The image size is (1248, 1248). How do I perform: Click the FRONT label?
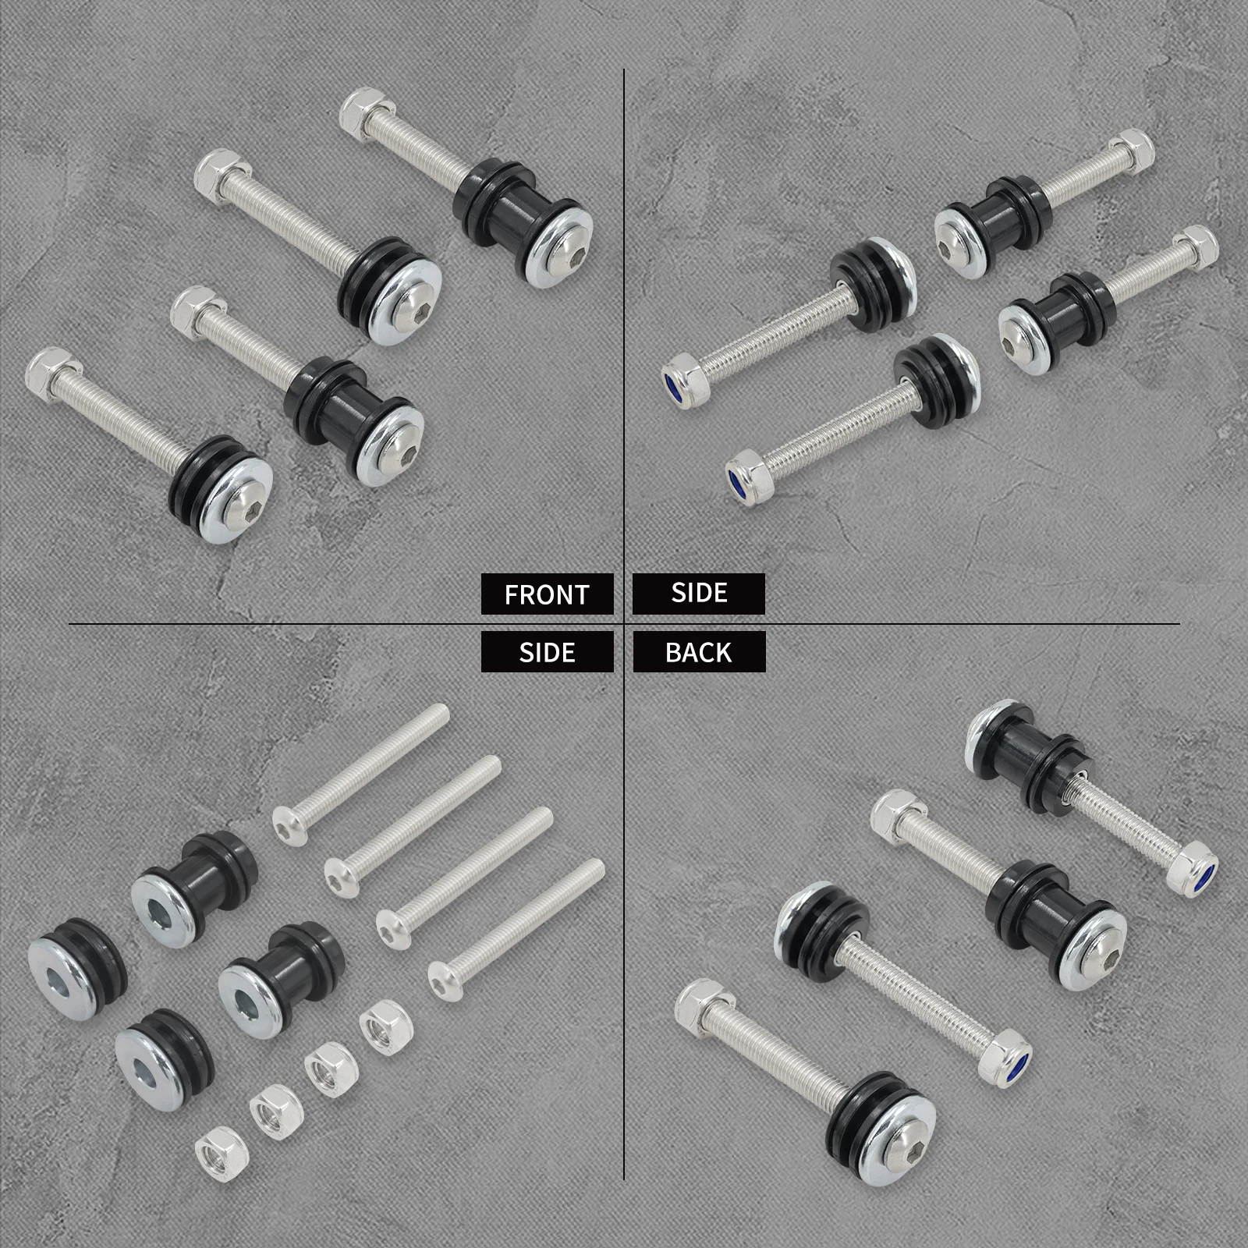547,594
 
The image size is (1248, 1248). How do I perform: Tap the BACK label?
699,652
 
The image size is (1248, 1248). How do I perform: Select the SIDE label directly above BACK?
699,593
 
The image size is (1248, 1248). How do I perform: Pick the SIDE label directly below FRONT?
547,652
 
